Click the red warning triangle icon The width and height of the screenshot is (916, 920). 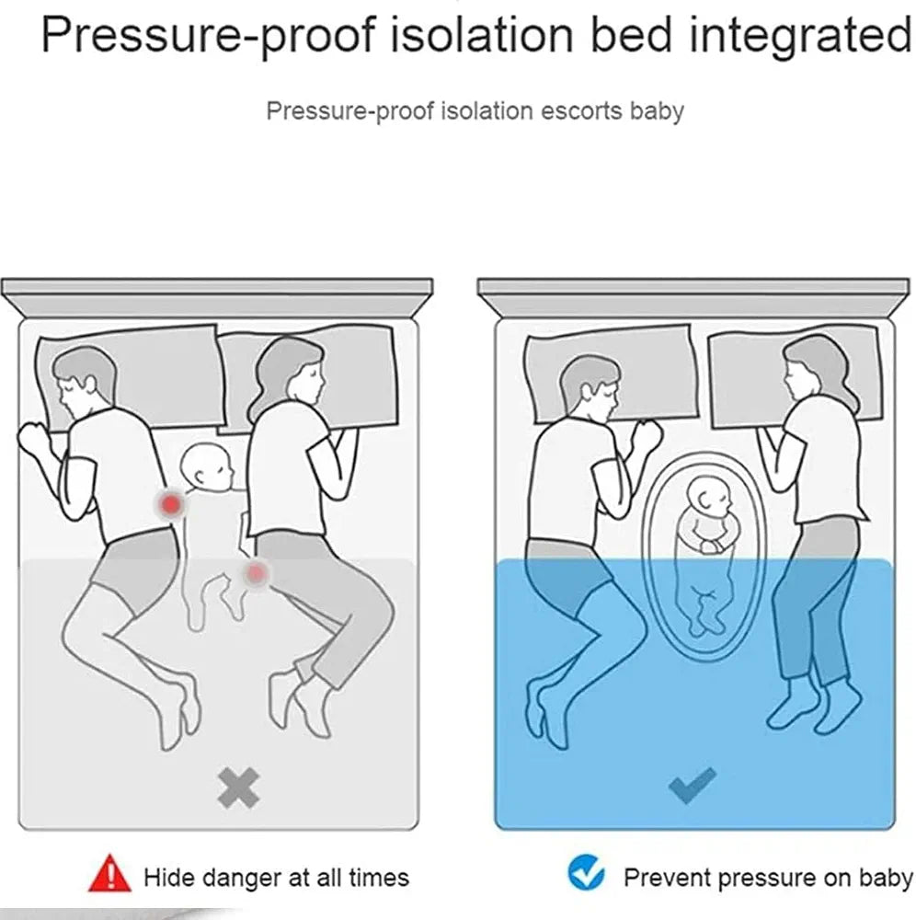(x=109, y=873)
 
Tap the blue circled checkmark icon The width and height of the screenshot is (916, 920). (x=586, y=872)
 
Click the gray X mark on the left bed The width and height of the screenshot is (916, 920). (x=238, y=788)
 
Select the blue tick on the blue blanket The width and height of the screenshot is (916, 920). (x=692, y=785)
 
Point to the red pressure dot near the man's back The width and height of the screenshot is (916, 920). (x=171, y=503)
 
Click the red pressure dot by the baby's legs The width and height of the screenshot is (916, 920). (x=255, y=572)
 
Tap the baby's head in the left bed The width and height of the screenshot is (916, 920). (x=206, y=466)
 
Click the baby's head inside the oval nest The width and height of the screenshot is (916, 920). (x=709, y=498)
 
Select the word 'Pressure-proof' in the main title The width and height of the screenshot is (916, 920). (x=208, y=37)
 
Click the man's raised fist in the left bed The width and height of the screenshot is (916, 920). (x=35, y=440)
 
